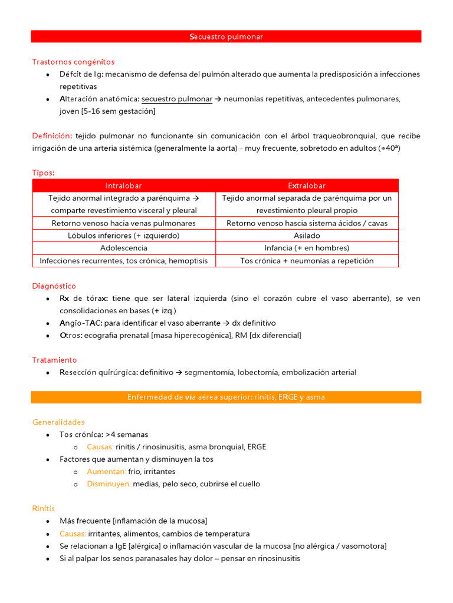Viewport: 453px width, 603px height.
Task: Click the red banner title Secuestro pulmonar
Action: click(x=226, y=37)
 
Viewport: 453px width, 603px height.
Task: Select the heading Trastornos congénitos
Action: click(x=73, y=62)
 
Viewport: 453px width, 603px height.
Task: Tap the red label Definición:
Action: click(x=52, y=136)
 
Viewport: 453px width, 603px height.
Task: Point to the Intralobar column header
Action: click(x=124, y=185)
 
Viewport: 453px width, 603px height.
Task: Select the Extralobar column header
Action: click(x=307, y=185)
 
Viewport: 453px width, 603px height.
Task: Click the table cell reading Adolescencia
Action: click(x=124, y=248)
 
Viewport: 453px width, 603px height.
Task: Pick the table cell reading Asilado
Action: click(x=307, y=236)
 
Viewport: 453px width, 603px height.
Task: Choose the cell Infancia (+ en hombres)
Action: click(x=307, y=248)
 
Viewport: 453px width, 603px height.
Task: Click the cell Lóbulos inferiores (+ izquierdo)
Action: click(x=124, y=236)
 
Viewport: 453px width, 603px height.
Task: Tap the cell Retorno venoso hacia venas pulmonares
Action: click(x=124, y=223)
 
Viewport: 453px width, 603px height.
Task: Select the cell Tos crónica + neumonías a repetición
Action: click(x=307, y=261)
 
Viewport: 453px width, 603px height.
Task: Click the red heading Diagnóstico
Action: click(x=54, y=286)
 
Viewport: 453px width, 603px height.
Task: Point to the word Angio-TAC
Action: click(x=80, y=323)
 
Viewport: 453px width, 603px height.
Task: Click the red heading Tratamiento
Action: click(x=54, y=360)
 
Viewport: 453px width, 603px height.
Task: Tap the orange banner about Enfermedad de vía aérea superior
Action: click(x=226, y=397)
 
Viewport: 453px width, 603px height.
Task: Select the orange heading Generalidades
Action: click(x=58, y=422)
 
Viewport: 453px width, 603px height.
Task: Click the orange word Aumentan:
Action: click(x=106, y=472)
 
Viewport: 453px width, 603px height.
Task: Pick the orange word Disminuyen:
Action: click(x=109, y=484)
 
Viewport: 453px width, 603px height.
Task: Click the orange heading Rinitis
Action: click(x=44, y=508)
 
